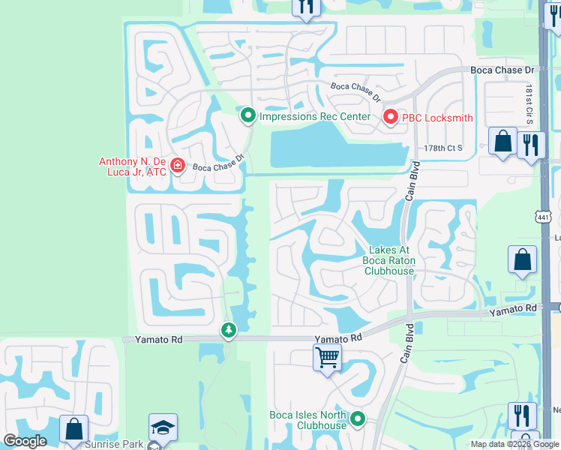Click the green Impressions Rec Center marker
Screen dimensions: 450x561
click(x=249, y=116)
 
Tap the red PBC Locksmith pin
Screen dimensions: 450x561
click(x=390, y=117)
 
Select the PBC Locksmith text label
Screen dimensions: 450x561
click(x=438, y=117)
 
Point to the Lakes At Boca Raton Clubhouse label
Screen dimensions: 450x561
click(x=388, y=260)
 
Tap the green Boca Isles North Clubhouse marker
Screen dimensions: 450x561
click(x=358, y=419)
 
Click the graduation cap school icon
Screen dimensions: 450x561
click(x=163, y=427)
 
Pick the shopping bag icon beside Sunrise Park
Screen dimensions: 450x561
click(x=74, y=429)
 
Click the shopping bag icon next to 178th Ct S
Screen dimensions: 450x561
click(x=502, y=139)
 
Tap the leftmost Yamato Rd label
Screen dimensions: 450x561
click(x=159, y=340)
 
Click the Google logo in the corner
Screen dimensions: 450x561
click(x=25, y=441)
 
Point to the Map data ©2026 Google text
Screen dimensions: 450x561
click(x=515, y=444)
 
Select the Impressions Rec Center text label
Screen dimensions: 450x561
click(x=314, y=116)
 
